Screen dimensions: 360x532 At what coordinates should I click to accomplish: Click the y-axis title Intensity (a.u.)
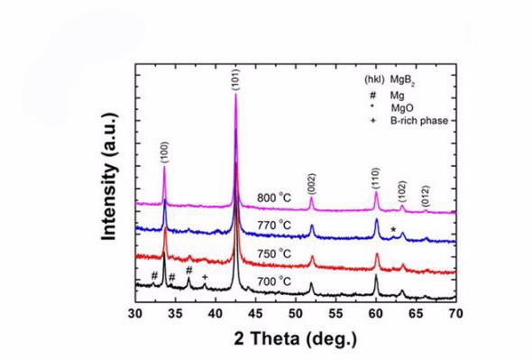pyautogui.click(x=111, y=185)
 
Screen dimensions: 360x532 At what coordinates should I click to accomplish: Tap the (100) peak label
pyautogui.click(x=164, y=151)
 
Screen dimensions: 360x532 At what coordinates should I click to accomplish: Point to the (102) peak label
pyautogui.click(x=402, y=191)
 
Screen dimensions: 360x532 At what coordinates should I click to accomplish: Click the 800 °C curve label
pyautogui.click(x=273, y=198)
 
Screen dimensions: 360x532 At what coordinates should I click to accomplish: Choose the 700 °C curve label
pyautogui.click(x=273, y=281)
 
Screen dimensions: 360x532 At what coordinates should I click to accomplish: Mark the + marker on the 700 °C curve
pyautogui.click(x=205, y=277)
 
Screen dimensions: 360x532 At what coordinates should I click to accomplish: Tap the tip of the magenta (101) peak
pyautogui.click(x=236, y=96)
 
